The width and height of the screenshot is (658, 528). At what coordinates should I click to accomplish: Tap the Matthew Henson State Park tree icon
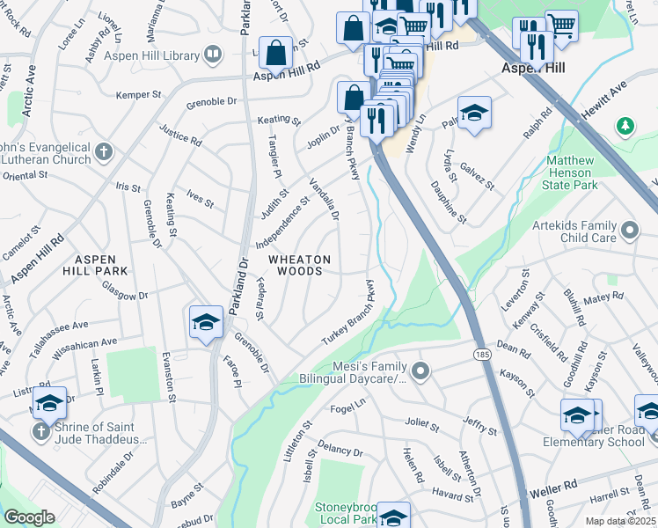625,126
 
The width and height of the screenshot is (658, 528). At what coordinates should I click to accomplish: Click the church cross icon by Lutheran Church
105,152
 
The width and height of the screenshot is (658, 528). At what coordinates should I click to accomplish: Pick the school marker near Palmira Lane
473,114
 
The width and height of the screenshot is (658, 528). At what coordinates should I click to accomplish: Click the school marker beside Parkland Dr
206,322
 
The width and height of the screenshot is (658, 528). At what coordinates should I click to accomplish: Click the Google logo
29,517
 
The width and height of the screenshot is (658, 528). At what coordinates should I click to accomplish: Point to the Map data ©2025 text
619,521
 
